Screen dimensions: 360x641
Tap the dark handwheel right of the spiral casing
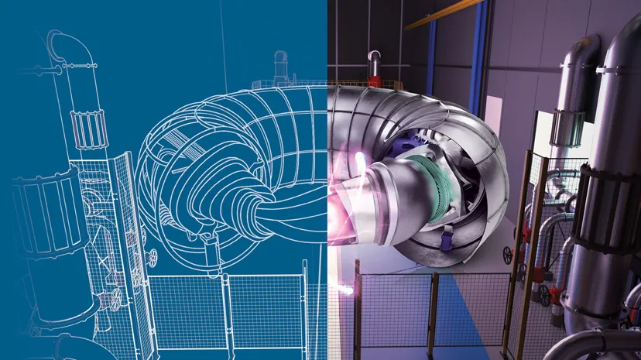click(507, 255)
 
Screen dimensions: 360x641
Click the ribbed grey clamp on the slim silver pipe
click(567, 128)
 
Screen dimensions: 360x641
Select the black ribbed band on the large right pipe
click(612, 209)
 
